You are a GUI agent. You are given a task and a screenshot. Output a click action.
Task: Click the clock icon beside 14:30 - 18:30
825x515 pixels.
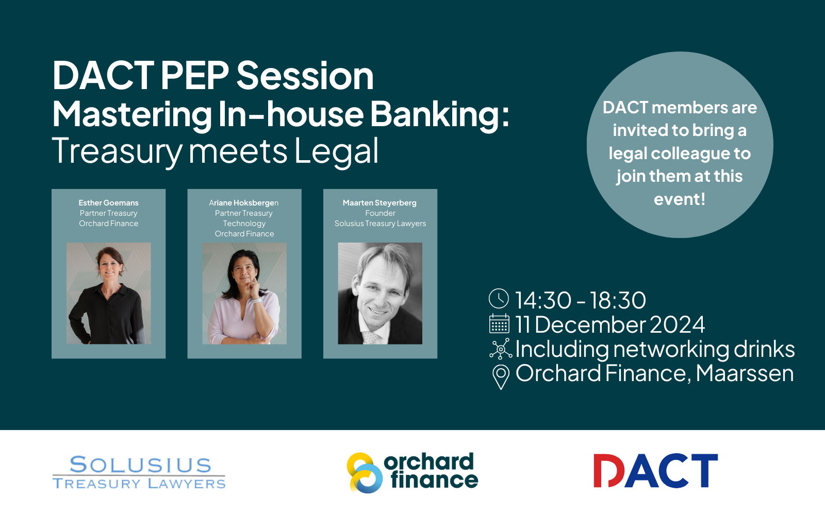click(x=499, y=298)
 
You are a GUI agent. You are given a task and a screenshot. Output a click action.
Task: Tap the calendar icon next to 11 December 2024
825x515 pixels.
click(x=499, y=323)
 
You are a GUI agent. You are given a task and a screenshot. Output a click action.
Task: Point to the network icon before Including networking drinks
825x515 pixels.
click(x=501, y=349)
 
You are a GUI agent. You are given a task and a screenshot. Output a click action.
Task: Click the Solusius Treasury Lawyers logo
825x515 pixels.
click(x=139, y=472)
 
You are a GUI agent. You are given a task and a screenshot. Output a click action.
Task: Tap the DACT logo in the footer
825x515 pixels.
click(x=655, y=471)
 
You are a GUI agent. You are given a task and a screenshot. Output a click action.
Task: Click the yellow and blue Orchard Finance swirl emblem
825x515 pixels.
click(x=365, y=473)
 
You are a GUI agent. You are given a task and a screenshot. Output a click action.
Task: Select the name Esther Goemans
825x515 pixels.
click(x=109, y=203)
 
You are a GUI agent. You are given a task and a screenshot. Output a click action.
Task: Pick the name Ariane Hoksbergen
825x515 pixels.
click(x=244, y=203)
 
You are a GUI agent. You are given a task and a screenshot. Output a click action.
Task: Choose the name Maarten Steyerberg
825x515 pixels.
click(x=379, y=203)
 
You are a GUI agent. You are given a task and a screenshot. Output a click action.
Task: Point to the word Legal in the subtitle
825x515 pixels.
click(x=336, y=151)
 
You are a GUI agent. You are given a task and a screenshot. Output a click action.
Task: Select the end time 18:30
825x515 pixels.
click(x=618, y=300)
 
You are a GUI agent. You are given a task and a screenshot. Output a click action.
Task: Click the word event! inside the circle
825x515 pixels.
click(x=680, y=199)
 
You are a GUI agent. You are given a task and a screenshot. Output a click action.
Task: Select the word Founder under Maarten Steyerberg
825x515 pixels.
click(x=380, y=213)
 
